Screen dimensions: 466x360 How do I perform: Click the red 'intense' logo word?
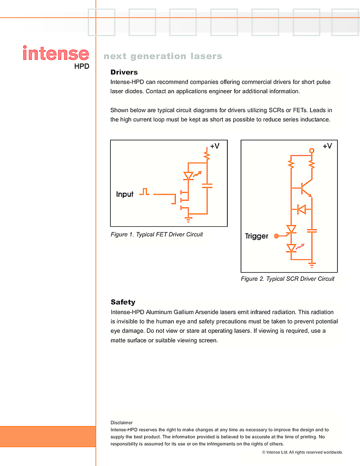pyautogui.click(x=55, y=53)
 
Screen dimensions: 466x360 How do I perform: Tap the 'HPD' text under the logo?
pyautogui.click(x=82, y=67)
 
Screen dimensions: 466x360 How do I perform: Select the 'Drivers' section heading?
pyautogui.click(x=124, y=72)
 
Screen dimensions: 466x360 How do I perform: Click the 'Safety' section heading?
pyautogui.click(x=123, y=302)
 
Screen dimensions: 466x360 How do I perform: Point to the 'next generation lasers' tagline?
pyautogui.click(x=163, y=56)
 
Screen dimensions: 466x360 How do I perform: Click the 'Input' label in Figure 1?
pyautogui.click(x=125, y=194)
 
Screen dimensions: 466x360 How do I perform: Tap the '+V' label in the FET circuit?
pyautogui.click(x=215, y=146)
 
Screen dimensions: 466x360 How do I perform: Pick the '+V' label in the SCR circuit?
pyautogui.click(x=327, y=146)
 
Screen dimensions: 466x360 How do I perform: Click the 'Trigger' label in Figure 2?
pyautogui.click(x=256, y=236)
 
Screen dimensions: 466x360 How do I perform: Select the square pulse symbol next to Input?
pyautogui.click(x=144, y=192)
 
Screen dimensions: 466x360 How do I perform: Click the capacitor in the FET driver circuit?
pyautogui.click(x=207, y=186)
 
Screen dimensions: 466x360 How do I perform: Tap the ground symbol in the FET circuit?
pyautogui.click(x=188, y=219)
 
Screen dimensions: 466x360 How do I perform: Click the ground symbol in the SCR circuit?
pyautogui.click(x=312, y=264)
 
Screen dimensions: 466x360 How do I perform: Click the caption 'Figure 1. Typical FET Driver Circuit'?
pyautogui.click(x=157, y=234)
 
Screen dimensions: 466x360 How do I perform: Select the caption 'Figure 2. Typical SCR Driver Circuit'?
pyautogui.click(x=287, y=279)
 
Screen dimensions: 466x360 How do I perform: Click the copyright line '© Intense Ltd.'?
pyautogui.click(x=302, y=452)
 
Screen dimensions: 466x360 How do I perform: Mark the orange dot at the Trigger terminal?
pyautogui.click(x=276, y=235)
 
